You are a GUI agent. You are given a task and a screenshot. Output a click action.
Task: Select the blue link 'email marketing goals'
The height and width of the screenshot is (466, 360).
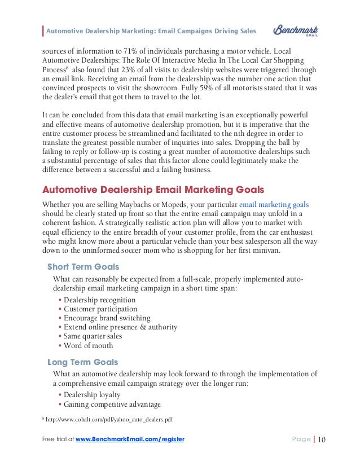(274, 204)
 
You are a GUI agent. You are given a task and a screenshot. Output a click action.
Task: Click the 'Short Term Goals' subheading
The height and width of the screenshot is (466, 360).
(83, 266)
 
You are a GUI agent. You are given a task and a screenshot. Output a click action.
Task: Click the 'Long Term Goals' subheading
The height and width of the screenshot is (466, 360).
(82, 362)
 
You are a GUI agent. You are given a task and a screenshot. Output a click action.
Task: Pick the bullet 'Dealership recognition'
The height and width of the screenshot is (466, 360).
(99, 300)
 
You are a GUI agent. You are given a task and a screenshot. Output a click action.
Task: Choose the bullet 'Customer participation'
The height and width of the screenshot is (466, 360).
(100, 309)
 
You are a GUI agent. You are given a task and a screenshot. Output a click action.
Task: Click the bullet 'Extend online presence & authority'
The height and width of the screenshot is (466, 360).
(120, 327)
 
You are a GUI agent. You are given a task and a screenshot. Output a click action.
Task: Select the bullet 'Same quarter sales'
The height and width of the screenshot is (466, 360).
(93, 336)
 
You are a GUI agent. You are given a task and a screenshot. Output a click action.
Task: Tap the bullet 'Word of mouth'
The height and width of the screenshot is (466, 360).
(88, 345)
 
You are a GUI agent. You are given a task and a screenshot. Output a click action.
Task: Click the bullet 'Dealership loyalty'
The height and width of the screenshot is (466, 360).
(92, 395)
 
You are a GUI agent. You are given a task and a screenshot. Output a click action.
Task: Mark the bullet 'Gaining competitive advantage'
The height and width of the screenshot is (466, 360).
(112, 404)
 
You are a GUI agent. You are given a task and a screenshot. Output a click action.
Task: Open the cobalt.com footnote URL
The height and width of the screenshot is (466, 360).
(109, 419)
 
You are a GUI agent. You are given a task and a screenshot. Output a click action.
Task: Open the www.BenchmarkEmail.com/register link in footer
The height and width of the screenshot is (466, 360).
(130, 439)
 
